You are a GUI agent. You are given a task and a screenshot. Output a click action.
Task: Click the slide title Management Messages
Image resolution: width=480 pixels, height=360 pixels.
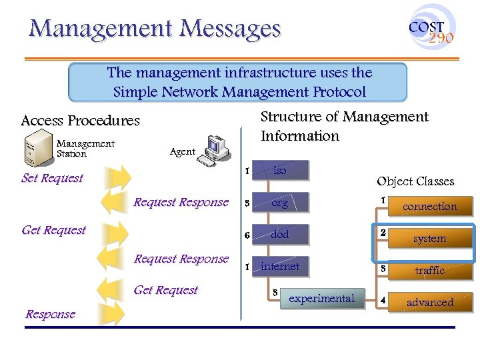pyautogui.click(x=155, y=29)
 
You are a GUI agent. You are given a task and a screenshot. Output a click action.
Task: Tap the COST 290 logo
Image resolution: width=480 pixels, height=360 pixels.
pyautogui.click(x=431, y=29)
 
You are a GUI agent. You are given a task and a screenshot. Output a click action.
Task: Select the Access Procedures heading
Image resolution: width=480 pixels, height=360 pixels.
pyautogui.click(x=80, y=121)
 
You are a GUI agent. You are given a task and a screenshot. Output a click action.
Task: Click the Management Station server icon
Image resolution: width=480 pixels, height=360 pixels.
pyautogui.click(x=38, y=147)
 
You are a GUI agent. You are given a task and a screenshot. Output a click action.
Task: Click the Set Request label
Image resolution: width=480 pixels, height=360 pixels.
pyautogui.click(x=52, y=178)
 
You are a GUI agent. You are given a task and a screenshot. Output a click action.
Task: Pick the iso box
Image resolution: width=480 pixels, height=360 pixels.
pyautogui.click(x=281, y=171)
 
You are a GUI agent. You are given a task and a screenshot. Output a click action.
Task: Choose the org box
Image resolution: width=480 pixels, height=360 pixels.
pyautogui.click(x=281, y=203)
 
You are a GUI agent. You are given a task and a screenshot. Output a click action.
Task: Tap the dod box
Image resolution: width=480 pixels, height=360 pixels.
pyautogui.click(x=281, y=235)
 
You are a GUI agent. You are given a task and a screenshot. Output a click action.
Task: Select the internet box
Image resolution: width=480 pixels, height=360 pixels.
pyautogui.click(x=281, y=267)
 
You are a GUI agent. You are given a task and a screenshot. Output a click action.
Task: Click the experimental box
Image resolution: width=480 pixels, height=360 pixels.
pyautogui.click(x=321, y=299)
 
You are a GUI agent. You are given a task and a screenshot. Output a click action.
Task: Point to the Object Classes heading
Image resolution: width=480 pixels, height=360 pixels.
pyautogui.click(x=415, y=181)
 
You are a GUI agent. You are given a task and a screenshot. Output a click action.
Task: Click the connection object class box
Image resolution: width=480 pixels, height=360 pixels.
pyautogui.click(x=430, y=207)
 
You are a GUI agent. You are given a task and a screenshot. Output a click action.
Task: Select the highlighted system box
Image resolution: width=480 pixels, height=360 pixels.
pyautogui.click(x=430, y=239)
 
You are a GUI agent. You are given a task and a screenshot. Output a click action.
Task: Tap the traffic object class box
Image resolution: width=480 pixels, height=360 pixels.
pyautogui.click(x=430, y=271)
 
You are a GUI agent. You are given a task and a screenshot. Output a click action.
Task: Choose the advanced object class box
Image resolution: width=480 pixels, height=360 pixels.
pyautogui.click(x=430, y=303)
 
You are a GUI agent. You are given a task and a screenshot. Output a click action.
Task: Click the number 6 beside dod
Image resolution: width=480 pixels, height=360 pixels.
pyautogui.click(x=247, y=235)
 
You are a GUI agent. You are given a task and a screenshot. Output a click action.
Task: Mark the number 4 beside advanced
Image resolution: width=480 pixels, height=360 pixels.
pyautogui.click(x=383, y=300)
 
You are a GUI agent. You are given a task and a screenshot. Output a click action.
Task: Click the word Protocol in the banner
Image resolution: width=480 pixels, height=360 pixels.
pyautogui.click(x=333, y=92)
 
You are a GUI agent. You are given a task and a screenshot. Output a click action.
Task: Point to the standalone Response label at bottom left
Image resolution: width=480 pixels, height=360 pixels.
pyautogui.click(x=50, y=315)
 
